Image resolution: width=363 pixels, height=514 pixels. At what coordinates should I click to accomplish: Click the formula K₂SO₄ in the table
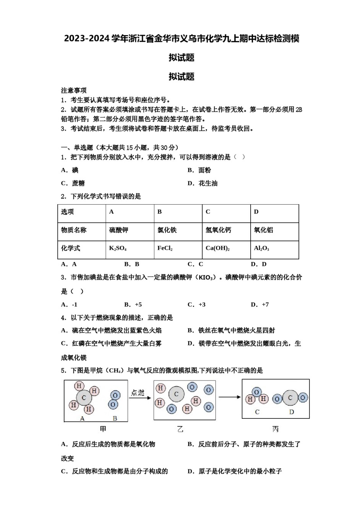118,249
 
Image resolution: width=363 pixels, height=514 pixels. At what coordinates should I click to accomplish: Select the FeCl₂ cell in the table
165,249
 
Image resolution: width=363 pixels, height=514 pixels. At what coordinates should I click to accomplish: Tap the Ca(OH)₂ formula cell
217,249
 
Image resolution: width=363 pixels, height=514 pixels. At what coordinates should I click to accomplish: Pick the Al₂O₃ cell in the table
261,249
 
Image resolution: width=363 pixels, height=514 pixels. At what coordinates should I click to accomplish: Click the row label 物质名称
74,230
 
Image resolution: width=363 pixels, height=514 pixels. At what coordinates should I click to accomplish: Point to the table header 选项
68,212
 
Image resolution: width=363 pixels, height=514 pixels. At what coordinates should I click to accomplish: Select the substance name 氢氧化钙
218,230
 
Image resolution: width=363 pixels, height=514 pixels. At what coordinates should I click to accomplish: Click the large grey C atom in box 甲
84,398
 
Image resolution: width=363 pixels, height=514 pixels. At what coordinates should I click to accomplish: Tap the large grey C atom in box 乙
176,394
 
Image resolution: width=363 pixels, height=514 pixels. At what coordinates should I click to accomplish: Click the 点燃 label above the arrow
138,393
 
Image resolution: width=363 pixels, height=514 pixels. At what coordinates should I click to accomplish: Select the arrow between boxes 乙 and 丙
229,397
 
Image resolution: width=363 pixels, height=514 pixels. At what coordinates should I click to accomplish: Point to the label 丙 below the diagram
275,429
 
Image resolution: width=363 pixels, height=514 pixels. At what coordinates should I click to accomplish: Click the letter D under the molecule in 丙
292,412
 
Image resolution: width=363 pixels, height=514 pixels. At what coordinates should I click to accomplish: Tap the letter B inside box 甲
115,418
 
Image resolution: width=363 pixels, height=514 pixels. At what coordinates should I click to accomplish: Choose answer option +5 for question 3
133,305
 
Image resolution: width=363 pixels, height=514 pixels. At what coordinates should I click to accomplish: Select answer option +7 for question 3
260,305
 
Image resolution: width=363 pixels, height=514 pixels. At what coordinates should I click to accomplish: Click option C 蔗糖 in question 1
73,184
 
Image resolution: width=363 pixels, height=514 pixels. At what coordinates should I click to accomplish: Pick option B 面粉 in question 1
199,171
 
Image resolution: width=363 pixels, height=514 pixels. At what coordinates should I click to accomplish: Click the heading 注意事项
74,91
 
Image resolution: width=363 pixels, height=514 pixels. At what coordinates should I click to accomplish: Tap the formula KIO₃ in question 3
205,278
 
